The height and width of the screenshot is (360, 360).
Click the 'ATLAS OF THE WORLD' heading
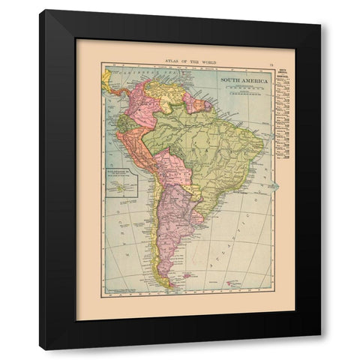tap(180, 58)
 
